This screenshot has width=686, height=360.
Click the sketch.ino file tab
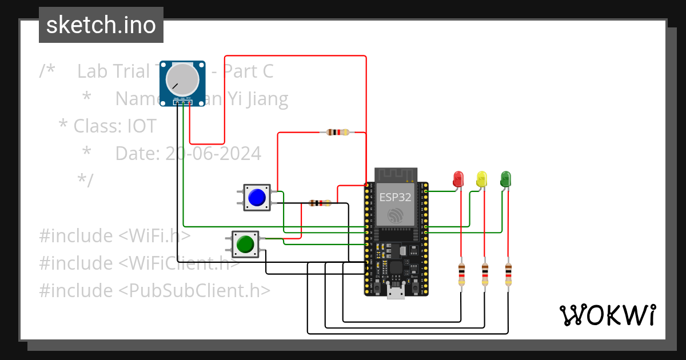tap(101, 25)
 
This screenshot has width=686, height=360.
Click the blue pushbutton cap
tap(257, 197)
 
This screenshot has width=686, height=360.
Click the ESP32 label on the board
tap(394, 197)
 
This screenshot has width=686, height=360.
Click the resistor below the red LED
tap(461, 274)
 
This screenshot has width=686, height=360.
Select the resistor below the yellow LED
tap(485, 274)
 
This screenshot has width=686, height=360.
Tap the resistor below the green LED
tap(508, 274)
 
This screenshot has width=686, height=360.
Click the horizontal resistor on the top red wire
tap(337, 133)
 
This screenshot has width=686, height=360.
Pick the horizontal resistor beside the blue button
tap(320, 203)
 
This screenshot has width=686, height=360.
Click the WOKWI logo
tap(607, 315)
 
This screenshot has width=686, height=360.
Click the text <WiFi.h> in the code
tap(154, 235)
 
